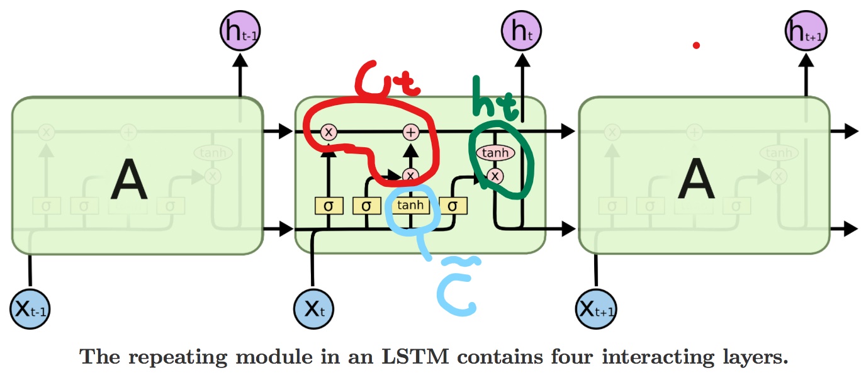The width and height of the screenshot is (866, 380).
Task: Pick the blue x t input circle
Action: [x=313, y=308]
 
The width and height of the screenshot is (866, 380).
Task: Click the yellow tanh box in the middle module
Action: [x=410, y=206]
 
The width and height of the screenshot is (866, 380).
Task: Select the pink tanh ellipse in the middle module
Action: [x=496, y=153]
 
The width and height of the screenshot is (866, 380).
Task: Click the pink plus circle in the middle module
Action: [x=410, y=131]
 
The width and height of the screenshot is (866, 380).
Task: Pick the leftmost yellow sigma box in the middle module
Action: [x=328, y=206]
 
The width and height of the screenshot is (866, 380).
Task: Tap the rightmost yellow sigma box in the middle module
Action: [x=452, y=206]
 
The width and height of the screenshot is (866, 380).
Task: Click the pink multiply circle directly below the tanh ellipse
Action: [x=496, y=176]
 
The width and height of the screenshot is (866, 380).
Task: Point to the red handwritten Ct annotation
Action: [x=384, y=80]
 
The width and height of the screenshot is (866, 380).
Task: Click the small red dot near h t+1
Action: [x=696, y=45]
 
